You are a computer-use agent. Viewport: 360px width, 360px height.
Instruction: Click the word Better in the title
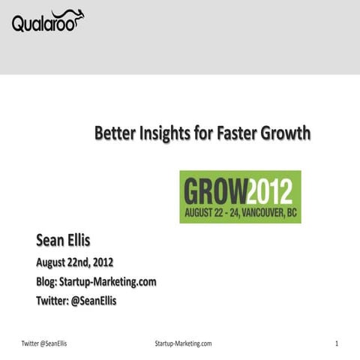pos(115,134)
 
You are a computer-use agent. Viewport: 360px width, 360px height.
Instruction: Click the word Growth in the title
pos(284,134)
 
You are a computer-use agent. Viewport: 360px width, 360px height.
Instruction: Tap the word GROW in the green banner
pos(214,191)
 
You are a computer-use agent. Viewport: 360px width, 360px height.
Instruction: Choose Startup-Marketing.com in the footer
pos(181,343)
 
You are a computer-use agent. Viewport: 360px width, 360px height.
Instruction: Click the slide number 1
pos(337,343)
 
